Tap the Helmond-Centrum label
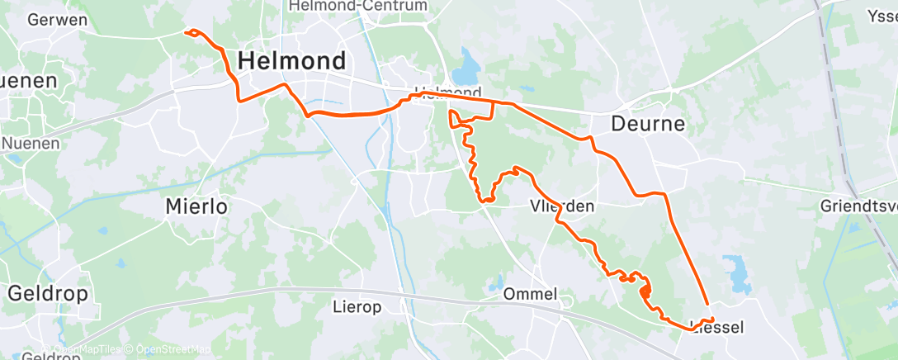(x=358, y=7)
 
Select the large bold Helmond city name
(x=291, y=60)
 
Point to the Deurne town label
(x=648, y=124)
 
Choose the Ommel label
(x=530, y=294)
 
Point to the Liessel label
(x=716, y=328)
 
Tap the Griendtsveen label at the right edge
(x=859, y=205)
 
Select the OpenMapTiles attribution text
(x=87, y=349)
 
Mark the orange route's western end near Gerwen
(x=186, y=33)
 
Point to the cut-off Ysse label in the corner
(x=882, y=16)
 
